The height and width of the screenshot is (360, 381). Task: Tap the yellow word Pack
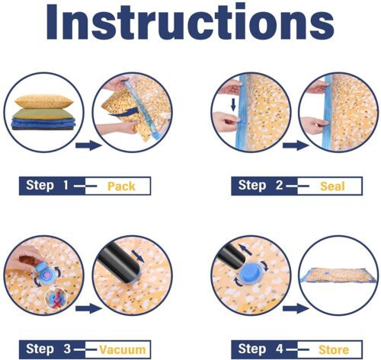click(x=121, y=186)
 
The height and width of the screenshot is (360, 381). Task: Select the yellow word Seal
click(x=332, y=186)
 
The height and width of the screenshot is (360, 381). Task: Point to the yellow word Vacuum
click(x=123, y=349)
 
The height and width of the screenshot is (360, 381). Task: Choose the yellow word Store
click(x=334, y=349)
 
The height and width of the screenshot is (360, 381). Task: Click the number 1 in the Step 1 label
click(x=66, y=185)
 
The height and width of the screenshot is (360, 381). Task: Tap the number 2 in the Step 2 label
click(x=279, y=185)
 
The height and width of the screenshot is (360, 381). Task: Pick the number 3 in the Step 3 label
click(x=67, y=349)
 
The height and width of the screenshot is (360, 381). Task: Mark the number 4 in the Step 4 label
click(x=280, y=349)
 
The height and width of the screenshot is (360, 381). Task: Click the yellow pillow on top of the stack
click(x=43, y=101)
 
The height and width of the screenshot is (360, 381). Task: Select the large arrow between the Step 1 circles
click(x=88, y=145)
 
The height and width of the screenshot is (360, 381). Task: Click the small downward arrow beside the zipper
click(x=233, y=105)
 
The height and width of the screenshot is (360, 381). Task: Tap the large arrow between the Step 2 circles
click(x=296, y=145)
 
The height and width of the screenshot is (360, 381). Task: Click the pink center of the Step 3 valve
click(x=47, y=275)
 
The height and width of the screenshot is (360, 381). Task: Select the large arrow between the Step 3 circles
click(x=88, y=309)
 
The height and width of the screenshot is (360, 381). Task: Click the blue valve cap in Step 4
click(x=250, y=272)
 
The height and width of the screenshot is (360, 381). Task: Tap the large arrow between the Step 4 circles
click(x=296, y=309)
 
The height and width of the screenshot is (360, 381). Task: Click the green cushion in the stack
click(x=43, y=113)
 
